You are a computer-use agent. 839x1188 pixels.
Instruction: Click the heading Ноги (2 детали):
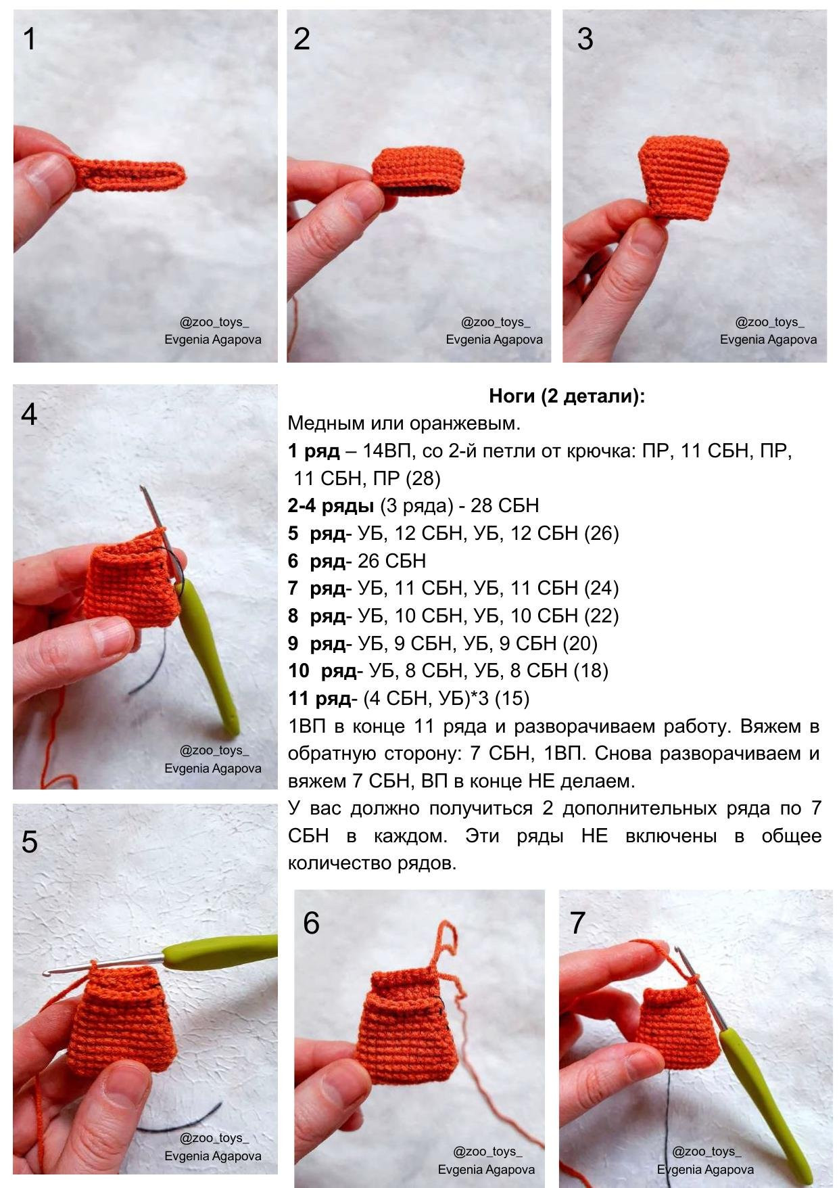[x=567, y=396]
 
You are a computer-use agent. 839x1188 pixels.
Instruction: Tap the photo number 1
[x=29, y=39]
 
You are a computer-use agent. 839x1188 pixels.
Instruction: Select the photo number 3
[x=585, y=39]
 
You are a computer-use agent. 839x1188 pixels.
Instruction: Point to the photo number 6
[x=311, y=923]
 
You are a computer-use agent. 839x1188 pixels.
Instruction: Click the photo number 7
[x=577, y=923]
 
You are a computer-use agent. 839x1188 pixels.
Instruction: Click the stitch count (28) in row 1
[x=423, y=478]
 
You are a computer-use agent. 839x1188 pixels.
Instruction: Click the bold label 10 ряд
[x=322, y=670]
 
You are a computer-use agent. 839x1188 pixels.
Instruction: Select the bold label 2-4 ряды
[x=331, y=505]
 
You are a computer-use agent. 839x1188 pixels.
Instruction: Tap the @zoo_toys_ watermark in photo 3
[x=769, y=322]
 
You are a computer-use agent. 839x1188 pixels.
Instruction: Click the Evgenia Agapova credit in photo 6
[x=486, y=1169]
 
